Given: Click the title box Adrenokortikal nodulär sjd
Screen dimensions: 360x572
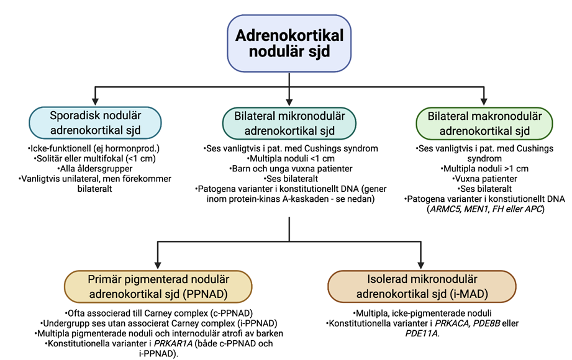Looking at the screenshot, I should coord(289,42).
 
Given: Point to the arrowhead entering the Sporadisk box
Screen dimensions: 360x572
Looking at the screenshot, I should coord(94,100).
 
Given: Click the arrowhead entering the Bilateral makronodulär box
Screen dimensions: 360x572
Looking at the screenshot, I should coord(484,100).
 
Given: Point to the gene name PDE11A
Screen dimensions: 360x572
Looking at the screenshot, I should coord(422,334).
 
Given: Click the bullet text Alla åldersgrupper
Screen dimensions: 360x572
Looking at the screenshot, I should coord(94,168).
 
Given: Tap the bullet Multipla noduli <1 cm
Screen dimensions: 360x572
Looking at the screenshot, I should coord(289,158).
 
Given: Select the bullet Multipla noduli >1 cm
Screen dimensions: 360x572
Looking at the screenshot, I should coord(484,168).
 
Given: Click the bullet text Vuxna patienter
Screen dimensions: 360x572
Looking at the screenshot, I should coord(484,178).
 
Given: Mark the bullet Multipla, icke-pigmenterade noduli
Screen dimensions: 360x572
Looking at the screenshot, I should coord(422,313).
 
